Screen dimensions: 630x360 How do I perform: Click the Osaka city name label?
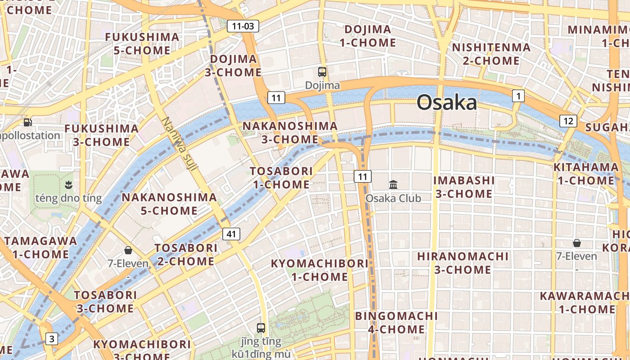pos(446,103)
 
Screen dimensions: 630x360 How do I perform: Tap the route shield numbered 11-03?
pos(243,26)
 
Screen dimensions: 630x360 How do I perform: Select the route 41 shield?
pos(231,234)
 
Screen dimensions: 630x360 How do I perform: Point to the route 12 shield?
pos(568,121)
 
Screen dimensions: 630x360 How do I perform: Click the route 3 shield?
pos(52,339)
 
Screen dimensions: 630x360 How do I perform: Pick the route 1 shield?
pos(518,95)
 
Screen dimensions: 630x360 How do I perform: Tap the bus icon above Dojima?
pos(322,72)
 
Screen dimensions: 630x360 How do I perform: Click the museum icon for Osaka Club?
pos(393,184)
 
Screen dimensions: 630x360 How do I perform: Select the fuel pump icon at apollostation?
pos(28,122)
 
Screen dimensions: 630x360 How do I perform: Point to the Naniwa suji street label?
pos(180,144)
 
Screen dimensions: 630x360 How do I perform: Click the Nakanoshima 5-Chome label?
pos(169,204)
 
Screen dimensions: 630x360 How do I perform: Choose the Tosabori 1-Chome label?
pos(282,178)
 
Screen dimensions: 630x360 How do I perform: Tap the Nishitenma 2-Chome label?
pos(491,54)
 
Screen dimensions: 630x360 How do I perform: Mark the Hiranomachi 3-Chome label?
pos(463,263)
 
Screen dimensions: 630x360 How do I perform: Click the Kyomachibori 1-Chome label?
pos(319,270)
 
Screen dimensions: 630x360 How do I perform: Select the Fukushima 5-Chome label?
pos(142,44)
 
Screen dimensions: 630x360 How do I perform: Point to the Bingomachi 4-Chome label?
pos(396,323)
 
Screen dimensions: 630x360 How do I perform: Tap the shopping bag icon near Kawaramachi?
pos(577,243)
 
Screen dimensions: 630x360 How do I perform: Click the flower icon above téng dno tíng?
pos(68,184)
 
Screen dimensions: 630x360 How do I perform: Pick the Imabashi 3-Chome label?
pos(464,187)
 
